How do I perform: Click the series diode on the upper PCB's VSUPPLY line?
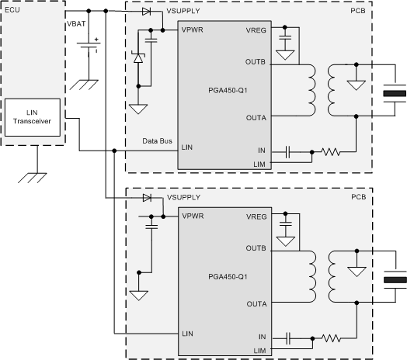pos(146,12)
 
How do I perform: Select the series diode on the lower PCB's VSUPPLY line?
pos(146,198)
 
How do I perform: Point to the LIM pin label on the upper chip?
pos(259,164)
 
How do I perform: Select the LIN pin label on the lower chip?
pos(187,333)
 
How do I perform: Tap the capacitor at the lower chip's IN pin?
pos(289,338)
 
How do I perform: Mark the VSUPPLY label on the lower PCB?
pos(180,199)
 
